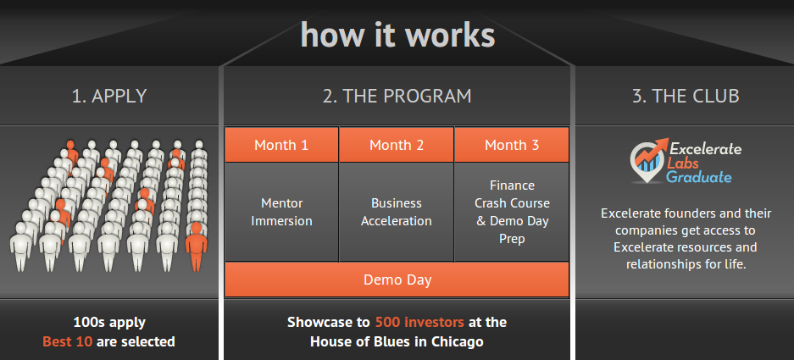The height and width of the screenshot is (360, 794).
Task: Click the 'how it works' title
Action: point(397,35)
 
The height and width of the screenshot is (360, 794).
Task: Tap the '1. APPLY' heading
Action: point(109,96)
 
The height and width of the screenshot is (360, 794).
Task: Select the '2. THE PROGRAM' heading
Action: point(397,96)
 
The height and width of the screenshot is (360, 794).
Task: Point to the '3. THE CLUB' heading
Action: point(686,96)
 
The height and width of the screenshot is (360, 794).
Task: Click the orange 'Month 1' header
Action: point(281,145)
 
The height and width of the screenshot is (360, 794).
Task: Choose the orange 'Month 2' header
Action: point(397,145)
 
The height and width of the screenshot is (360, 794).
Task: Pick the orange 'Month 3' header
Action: point(512,145)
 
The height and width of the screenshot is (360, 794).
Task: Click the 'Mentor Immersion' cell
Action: point(281,212)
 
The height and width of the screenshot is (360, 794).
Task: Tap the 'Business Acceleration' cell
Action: point(397,212)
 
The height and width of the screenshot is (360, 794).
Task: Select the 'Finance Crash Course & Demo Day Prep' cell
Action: point(512,212)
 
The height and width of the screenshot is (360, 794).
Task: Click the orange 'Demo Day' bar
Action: point(397,280)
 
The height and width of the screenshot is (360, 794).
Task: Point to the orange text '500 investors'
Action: point(419,322)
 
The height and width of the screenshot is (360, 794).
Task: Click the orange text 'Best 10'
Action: point(67,341)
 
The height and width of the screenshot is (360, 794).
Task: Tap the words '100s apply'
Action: point(109,322)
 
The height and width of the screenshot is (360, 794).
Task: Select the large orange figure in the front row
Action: point(196,246)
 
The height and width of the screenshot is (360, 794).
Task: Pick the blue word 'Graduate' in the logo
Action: point(699,177)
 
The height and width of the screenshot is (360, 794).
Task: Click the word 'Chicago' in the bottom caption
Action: point(458,341)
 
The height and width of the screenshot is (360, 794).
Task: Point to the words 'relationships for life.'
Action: point(686,264)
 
